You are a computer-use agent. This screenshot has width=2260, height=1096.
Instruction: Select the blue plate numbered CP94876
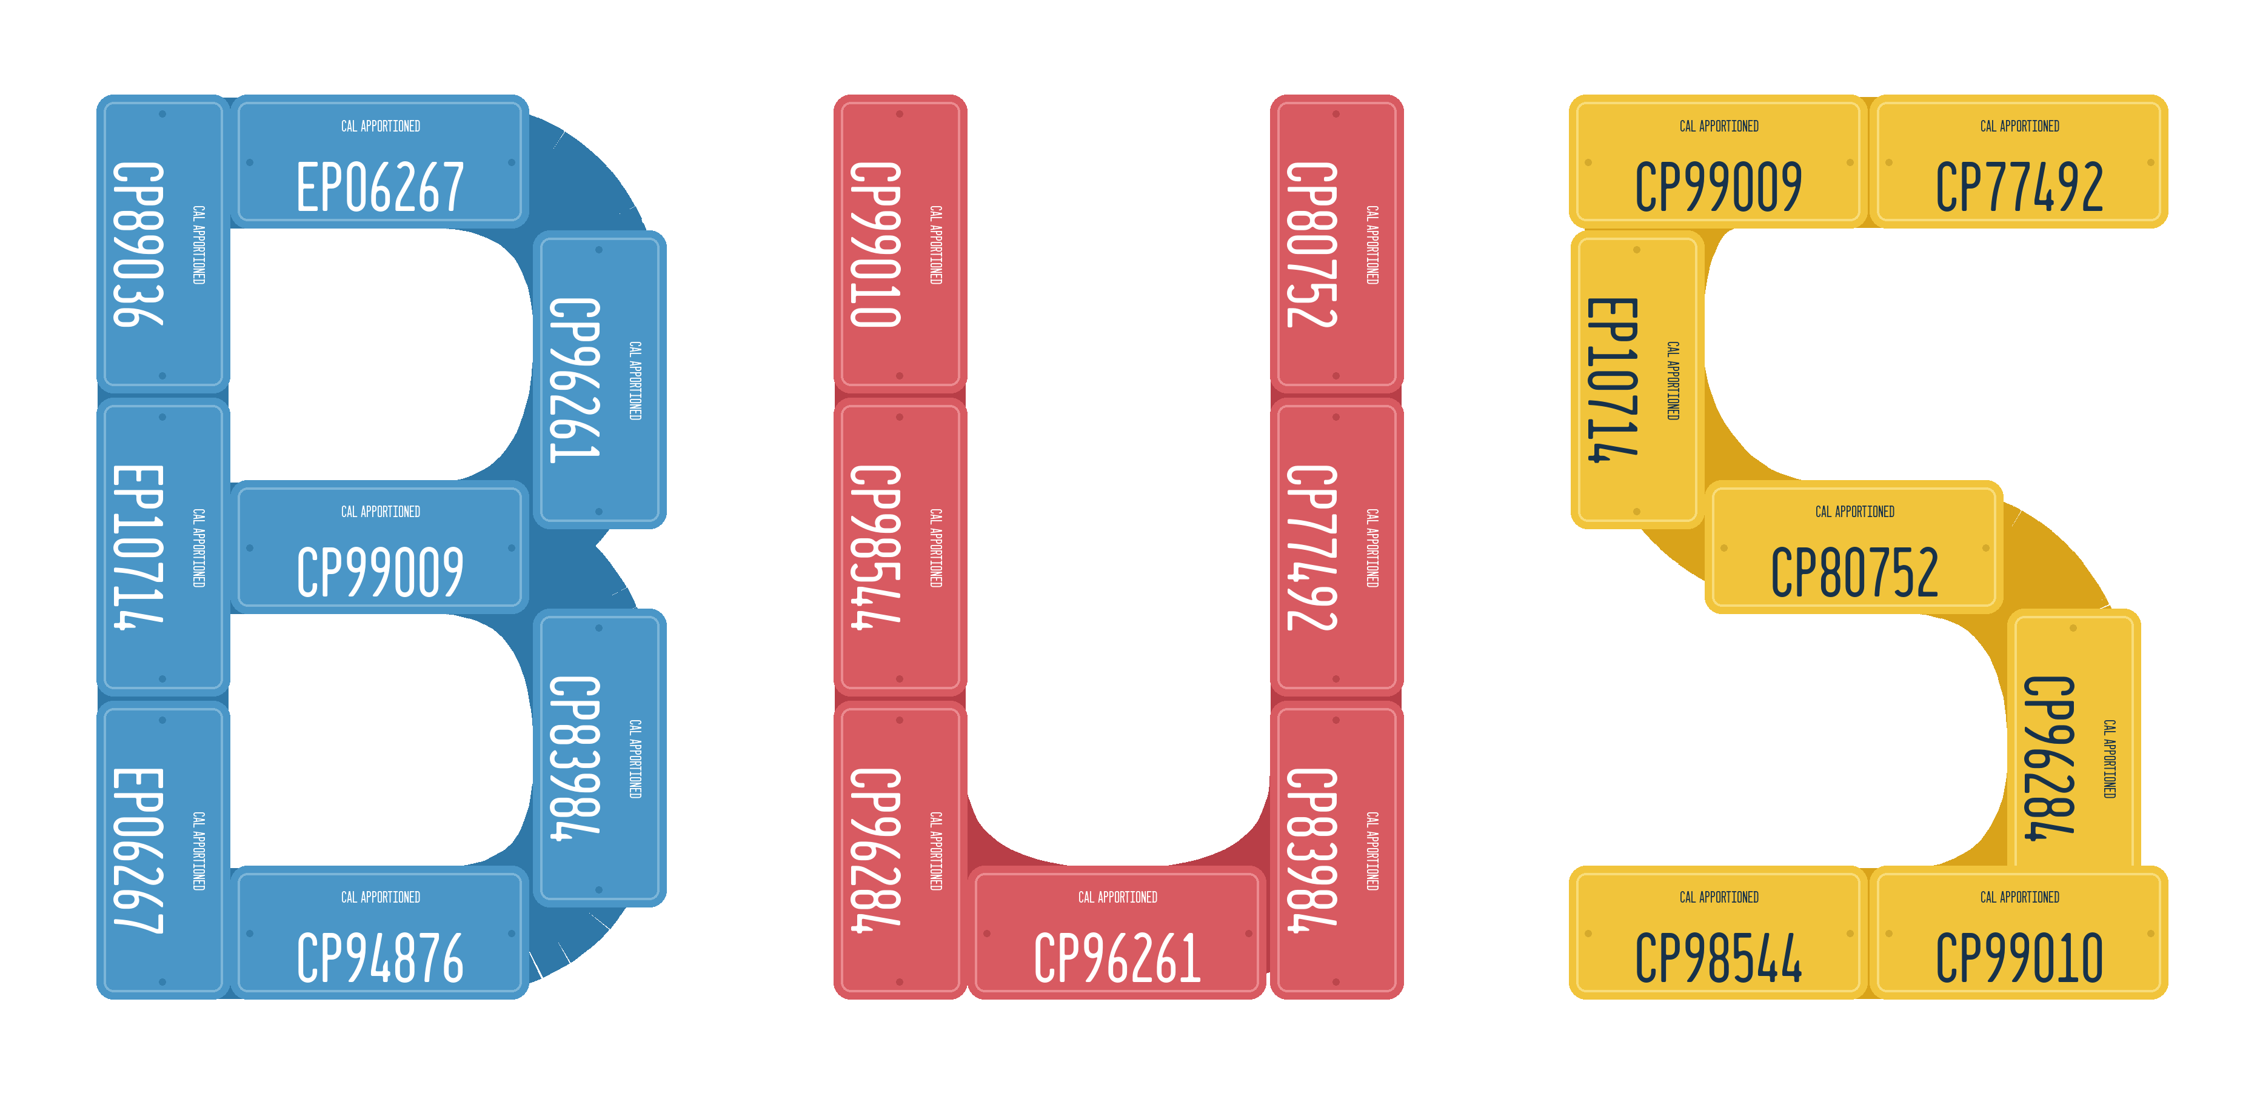click(380, 933)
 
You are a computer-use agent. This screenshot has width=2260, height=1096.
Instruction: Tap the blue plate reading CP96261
click(599, 380)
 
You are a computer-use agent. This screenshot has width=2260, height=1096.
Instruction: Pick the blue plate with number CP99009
click(380, 547)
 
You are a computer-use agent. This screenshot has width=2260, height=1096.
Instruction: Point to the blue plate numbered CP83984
click(599, 758)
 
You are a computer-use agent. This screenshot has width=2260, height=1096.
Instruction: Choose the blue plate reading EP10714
click(163, 547)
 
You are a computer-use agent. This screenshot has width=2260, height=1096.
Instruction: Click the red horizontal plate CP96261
click(1117, 933)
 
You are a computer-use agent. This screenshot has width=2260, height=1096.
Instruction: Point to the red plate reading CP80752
click(1336, 244)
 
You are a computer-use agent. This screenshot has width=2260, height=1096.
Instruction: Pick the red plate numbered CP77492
click(1336, 547)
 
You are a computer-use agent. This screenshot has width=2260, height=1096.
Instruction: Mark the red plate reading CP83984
click(1336, 850)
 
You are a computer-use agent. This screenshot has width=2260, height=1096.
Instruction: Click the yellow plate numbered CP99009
click(1719, 161)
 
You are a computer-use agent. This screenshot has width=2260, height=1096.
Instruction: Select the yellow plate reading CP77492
click(2019, 161)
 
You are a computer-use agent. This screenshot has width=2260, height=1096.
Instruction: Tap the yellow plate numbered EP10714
click(1637, 380)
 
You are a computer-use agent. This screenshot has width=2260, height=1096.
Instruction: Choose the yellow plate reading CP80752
click(1854, 547)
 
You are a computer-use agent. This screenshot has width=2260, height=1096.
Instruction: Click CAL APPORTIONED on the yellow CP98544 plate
click(1719, 897)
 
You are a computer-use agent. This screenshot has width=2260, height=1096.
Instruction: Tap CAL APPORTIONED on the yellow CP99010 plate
click(2019, 897)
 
